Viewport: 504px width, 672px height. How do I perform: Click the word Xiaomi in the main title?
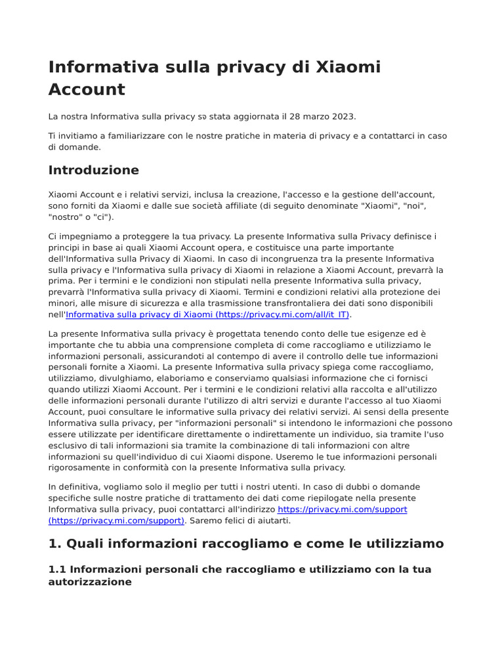[348, 67]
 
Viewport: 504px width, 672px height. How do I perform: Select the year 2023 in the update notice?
[342, 117]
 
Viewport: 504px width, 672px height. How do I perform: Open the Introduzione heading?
[94, 170]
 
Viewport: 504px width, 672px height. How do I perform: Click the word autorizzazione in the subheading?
[90, 581]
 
